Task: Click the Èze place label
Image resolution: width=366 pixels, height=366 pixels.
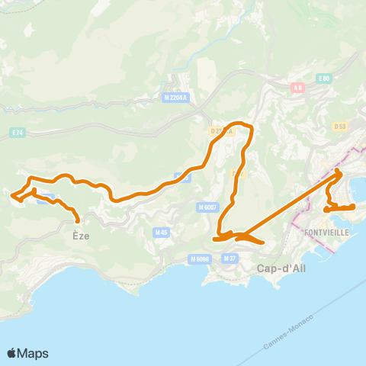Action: pyautogui.click(x=81, y=236)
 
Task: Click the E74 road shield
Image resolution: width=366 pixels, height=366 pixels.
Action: pyautogui.click(x=18, y=132)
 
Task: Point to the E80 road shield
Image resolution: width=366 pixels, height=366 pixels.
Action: pyautogui.click(x=324, y=79)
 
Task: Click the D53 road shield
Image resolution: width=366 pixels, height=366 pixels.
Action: pyautogui.click(x=340, y=125)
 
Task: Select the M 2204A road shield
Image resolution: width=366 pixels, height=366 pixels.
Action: pyautogui.click(x=175, y=98)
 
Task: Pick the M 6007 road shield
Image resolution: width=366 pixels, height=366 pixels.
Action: pyautogui.click(x=207, y=207)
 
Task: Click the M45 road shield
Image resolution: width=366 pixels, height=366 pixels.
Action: pyautogui.click(x=160, y=232)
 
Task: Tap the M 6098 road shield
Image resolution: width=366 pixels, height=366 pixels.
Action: pyautogui.click(x=201, y=259)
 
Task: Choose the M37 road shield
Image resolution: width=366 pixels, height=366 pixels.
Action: pyautogui.click(x=230, y=259)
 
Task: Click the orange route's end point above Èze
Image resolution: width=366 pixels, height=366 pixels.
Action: pyautogui.click(x=78, y=223)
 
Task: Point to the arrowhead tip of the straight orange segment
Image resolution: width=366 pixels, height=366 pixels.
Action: pyautogui.click(x=341, y=174)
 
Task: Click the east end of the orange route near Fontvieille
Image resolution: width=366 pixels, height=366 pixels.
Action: pyautogui.click(x=355, y=207)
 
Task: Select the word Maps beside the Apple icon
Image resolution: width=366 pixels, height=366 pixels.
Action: pyautogui.click(x=34, y=353)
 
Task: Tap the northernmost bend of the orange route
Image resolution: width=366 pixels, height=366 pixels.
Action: pyautogui.click(x=242, y=123)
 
